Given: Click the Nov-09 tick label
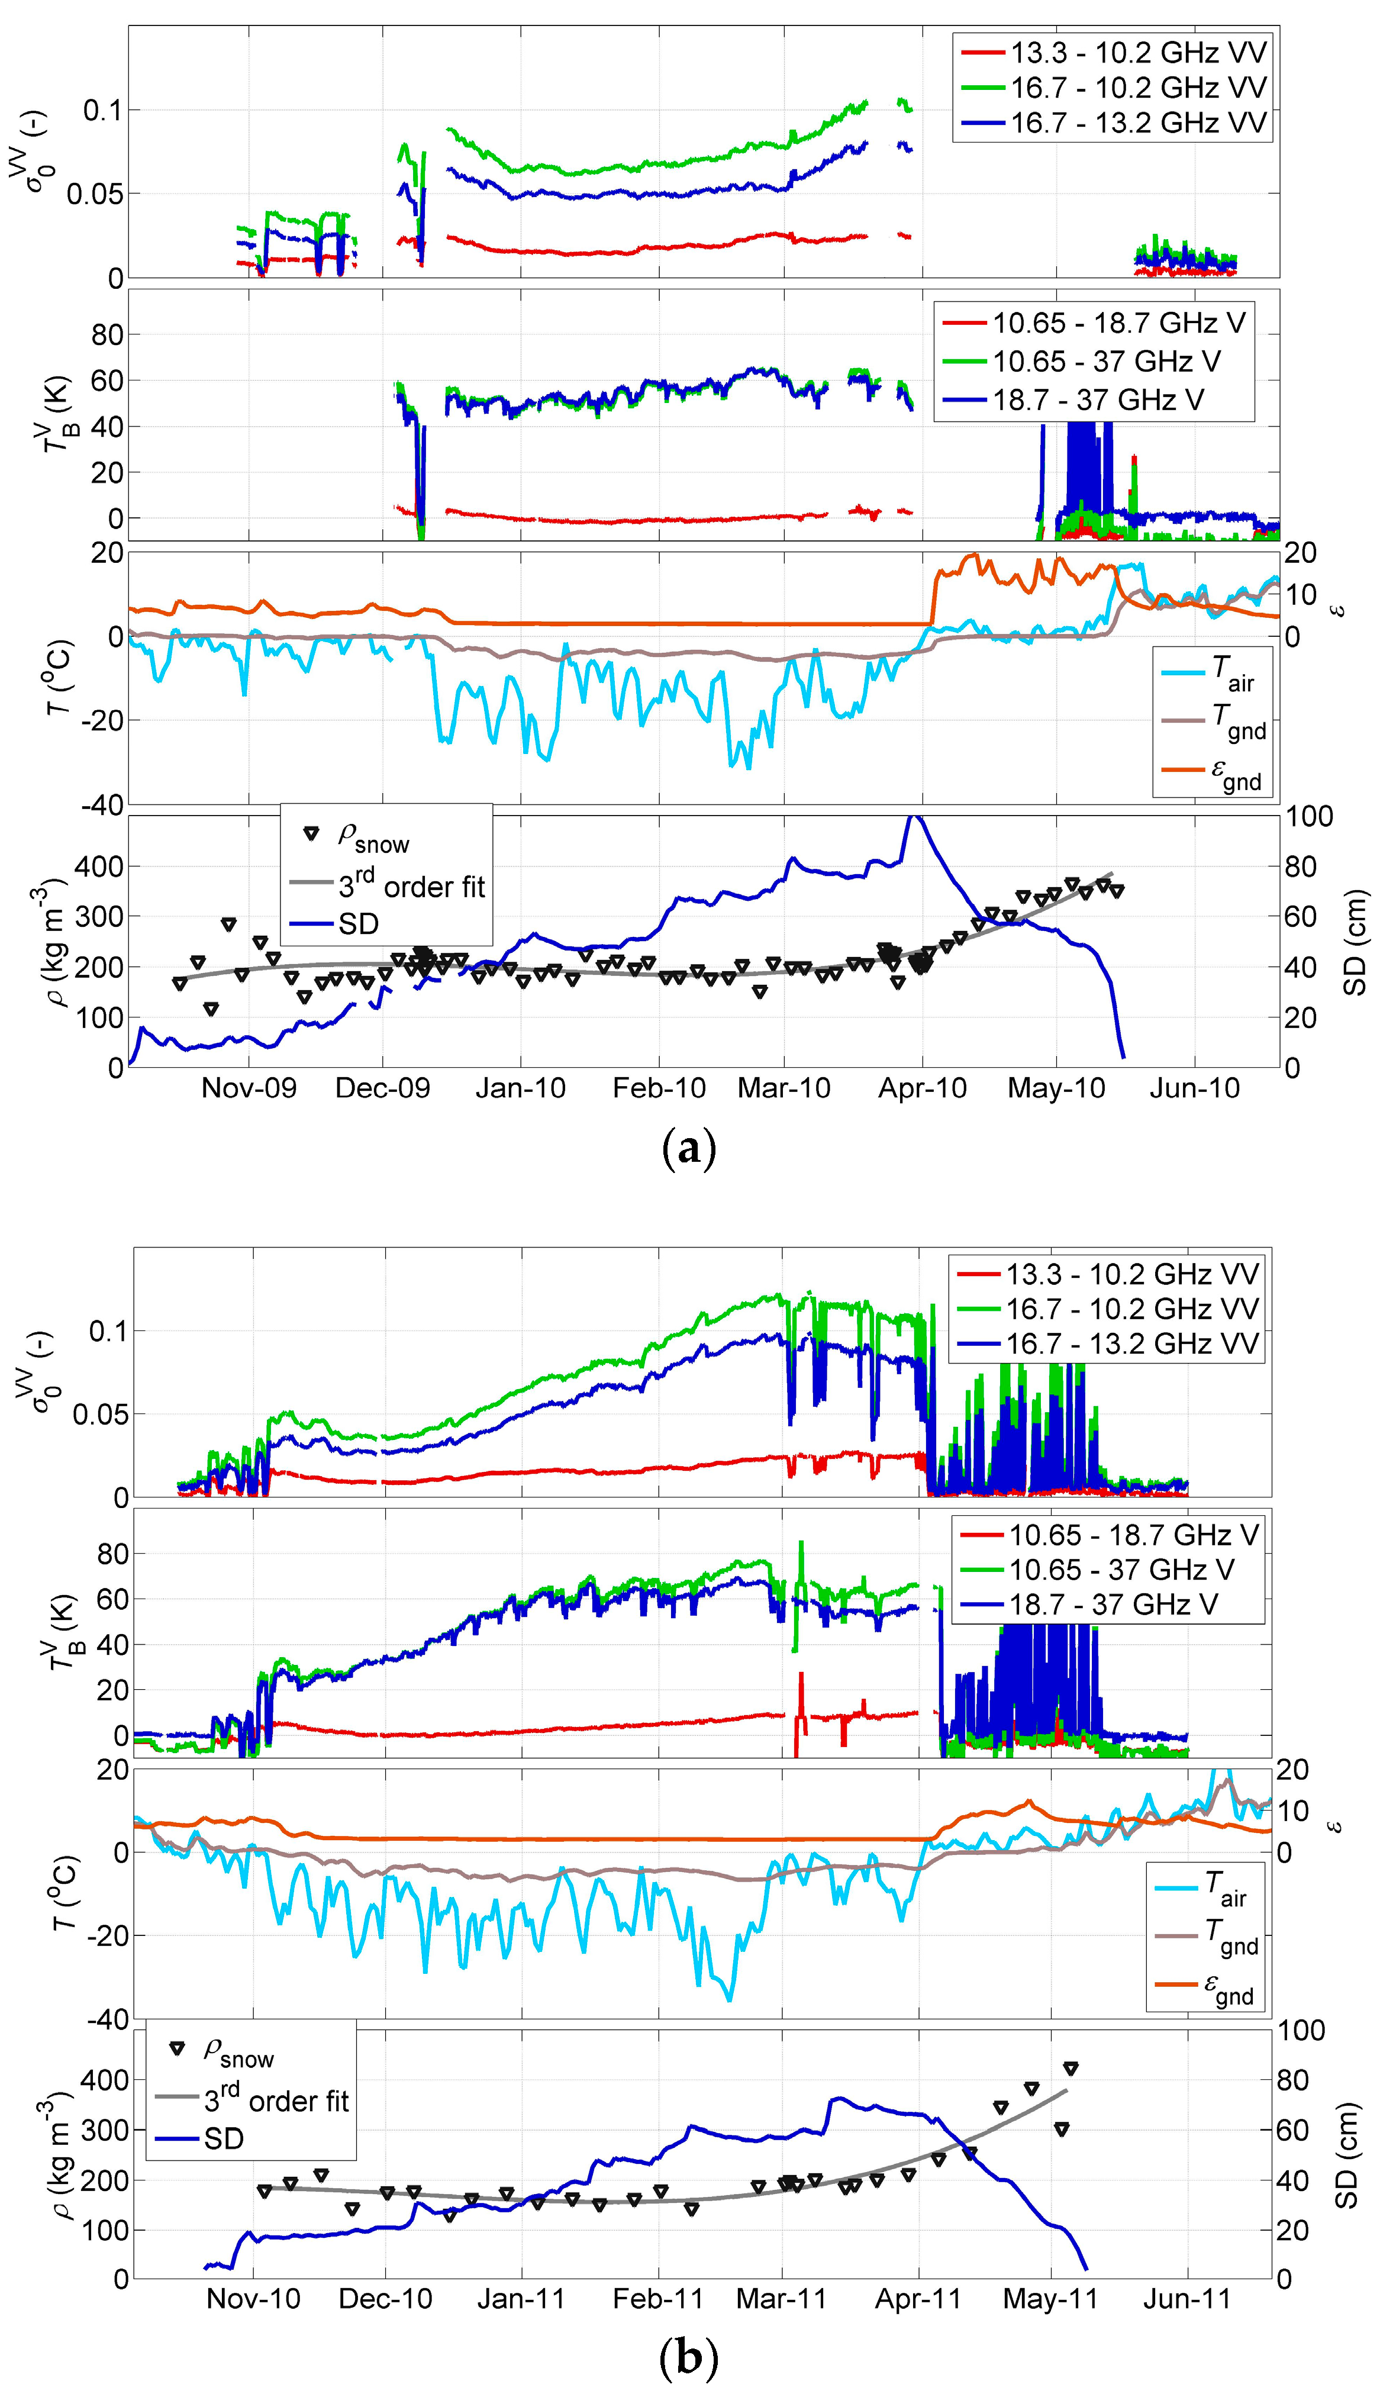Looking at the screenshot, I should pos(249,1088).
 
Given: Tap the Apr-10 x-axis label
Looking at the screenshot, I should pos(922,1088).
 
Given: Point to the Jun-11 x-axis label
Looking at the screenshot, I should pos(1187,2299).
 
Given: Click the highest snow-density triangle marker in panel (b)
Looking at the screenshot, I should pos(1071,2069).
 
